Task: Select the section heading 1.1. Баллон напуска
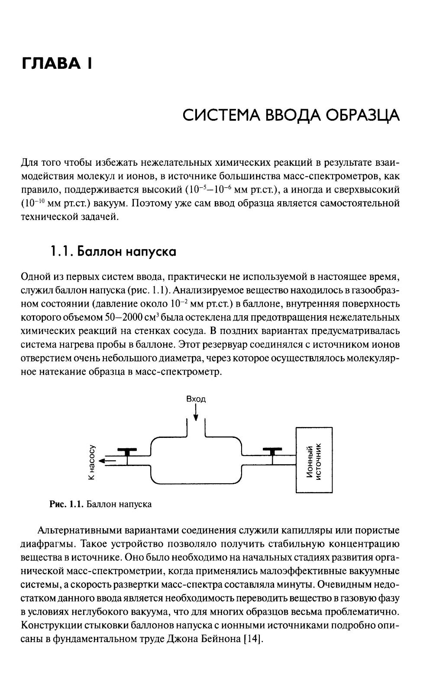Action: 113,251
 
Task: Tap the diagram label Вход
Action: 196,398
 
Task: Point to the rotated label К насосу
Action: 91,462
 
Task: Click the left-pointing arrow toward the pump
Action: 107,461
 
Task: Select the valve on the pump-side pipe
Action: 127,452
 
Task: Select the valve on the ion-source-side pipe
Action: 272,452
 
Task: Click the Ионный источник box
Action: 314,459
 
